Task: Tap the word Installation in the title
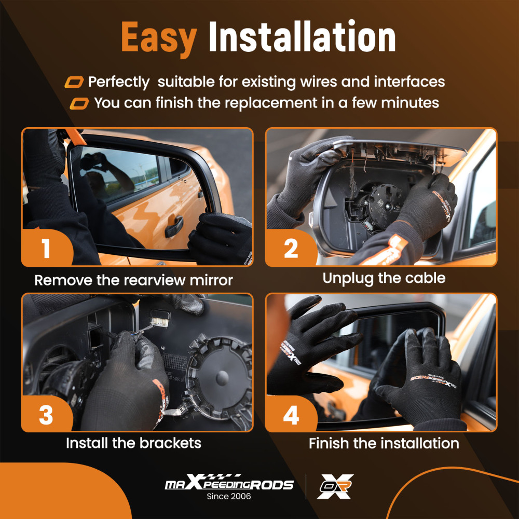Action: pyautogui.click(x=302, y=36)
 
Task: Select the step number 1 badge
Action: pyautogui.click(x=46, y=248)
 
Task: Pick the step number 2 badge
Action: pyautogui.click(x=291, y=248)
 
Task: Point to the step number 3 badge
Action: pyautogui.click(x=46, y=414)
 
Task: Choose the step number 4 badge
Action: pyautogui.click(x=291, y=414)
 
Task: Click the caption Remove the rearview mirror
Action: pyautogui.click(x=134, y=280)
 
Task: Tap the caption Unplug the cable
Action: pyautogui.click(x=384, y=278)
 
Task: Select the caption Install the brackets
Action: pyautogui.click(x=133, y=443)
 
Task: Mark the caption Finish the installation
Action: pyautogui.click(x=384, y=443)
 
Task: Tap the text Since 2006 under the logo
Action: pyautogui.click(x=229, y=496)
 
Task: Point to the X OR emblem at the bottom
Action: pyautogui.click(x=335, y=486)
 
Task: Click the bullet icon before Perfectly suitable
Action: pyautogui.click(x=74, y=82)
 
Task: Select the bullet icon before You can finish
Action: pyautogui.click(x=79, y=103)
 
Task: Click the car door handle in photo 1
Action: pyautogui.click(x=174, y=226)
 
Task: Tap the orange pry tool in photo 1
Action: pyautogui.click(x=75, y=136)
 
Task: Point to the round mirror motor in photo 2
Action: pyautogui.click(x=385, y=204)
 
